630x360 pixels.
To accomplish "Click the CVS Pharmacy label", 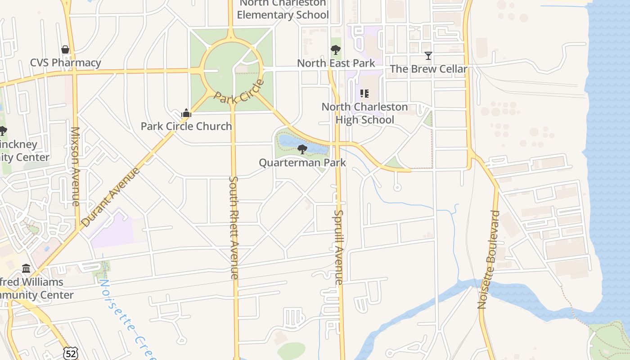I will click(66, 63).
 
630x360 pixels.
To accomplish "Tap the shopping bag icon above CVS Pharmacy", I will click(65, 49).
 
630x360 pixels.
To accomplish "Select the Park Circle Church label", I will click(186, 126).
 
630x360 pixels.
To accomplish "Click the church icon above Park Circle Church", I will click(186, 113).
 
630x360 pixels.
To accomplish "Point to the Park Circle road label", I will click(238, 91).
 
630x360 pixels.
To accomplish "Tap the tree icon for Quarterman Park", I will click(302, 149).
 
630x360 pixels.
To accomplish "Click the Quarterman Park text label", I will click(302, 162).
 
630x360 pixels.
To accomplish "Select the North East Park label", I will click(336, 63).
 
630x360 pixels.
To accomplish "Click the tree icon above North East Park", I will click(335, 50).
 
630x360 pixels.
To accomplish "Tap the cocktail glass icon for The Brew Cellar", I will click(428, 56).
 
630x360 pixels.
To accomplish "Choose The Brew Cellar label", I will click(428, 69).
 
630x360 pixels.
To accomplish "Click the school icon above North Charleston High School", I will click(364, 94).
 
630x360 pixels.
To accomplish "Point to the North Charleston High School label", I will click(364, 113).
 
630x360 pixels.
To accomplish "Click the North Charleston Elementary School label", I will click(283, 9).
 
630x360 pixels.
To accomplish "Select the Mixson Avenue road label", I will click(75, 166).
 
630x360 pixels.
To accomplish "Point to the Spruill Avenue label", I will click(339, 247).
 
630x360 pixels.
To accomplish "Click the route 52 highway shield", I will click(71, 353).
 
